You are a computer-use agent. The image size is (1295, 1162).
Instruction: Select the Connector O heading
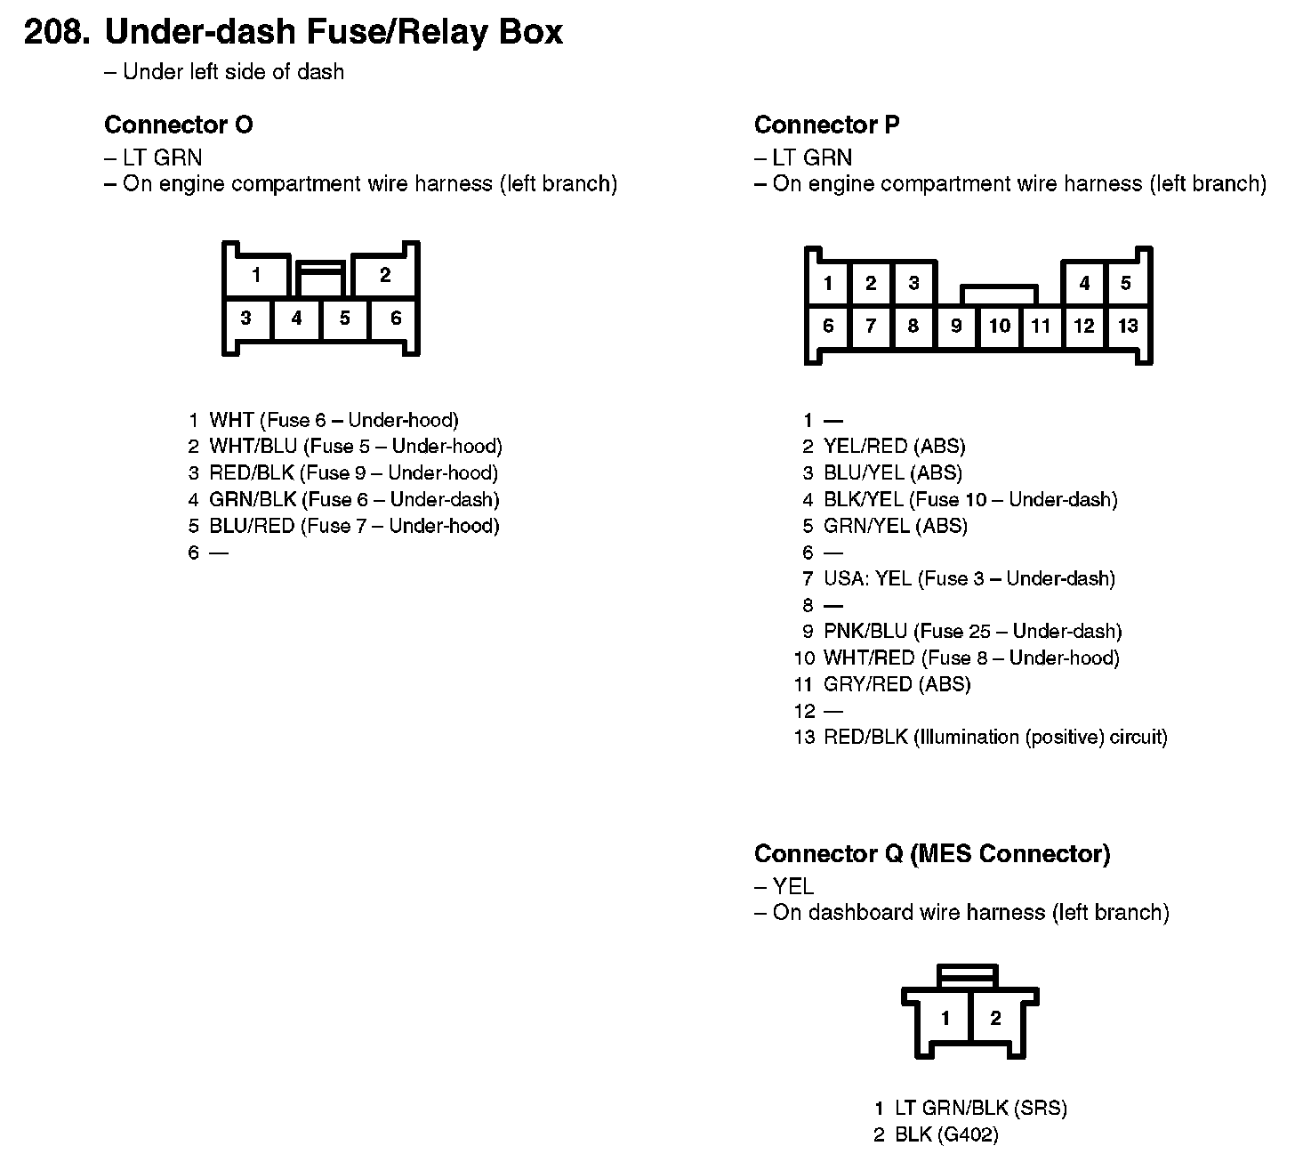click(x=178, y=125)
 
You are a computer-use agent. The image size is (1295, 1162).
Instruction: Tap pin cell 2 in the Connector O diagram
click(x=385, y=275)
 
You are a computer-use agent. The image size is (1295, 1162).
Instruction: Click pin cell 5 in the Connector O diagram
click(x=345, y=318)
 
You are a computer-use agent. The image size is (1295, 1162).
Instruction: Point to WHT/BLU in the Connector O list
click(x=253, y=446)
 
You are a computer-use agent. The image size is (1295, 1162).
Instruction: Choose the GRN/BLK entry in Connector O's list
click(x=253, y=499)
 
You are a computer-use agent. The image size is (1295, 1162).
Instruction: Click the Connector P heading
click(x=826, y=125)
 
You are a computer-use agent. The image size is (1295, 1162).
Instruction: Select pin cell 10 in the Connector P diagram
click(x=1000, y=326)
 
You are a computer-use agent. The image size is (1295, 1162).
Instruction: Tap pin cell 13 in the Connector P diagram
click(x=1128, y=326)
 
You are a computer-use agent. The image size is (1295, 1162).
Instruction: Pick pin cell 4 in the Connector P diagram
click(x=1084, y=284)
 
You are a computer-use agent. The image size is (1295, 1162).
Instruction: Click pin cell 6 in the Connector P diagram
click(x=828, y=326)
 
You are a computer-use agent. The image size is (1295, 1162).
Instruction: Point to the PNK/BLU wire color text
click(x=865, y=631)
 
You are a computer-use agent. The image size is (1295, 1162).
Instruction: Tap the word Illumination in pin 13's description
click(x=968, y=737)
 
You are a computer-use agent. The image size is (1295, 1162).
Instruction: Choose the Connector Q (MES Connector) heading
click(x=932, y=854)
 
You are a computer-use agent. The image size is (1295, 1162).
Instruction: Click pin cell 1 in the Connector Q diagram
click(x=945, y=1018)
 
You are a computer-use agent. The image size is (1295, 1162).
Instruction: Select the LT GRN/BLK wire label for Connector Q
click(x=951, y=1108)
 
